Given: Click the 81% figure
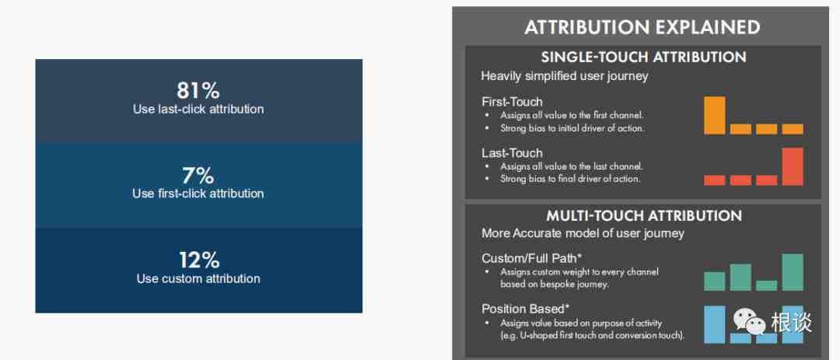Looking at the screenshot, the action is tap(198, 90).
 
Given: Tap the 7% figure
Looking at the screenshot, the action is tap(198, 175).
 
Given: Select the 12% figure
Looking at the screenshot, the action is tap(198, 260).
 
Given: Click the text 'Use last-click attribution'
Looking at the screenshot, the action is tap(198, 110).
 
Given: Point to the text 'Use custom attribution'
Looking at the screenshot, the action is tap(198, 278).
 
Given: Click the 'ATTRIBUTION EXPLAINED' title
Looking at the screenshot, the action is tap(642, 27).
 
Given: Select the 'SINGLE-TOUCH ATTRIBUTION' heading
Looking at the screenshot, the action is tap(643, 57).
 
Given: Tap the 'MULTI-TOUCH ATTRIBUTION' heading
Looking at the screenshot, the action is tap(644, 215).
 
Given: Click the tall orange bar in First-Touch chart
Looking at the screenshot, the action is tap(715, 115).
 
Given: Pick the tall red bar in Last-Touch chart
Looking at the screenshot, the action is tap(793, 166).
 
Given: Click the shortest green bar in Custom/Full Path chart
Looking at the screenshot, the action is tap(767, 285).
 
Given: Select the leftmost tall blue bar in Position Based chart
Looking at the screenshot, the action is tap(715, 325).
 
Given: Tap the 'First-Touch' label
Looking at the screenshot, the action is tap(512, 102).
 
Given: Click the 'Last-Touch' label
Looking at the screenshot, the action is tap(512, 153).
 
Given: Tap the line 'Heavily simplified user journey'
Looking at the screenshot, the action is tap(565, 76).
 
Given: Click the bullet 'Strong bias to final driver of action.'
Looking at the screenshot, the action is tap(570, 179).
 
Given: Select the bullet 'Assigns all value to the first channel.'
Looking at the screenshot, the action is tap(572, 115).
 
